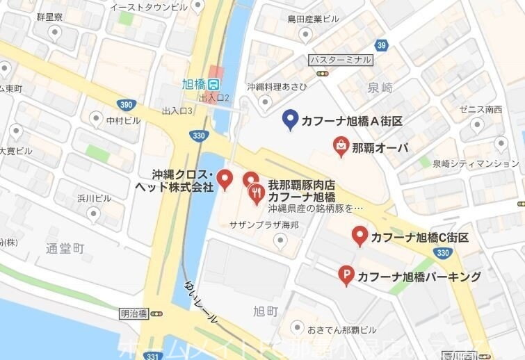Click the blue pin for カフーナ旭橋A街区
(x=291, y=120)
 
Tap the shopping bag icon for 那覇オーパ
(x=341, y=145)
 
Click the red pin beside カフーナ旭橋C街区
(x=360, y=236)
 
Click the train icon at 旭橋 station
(x=216, y=84)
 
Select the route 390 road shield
(x=125, y=104)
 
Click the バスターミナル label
(x=340, y=60)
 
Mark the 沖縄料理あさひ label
(x=277, y=87)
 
